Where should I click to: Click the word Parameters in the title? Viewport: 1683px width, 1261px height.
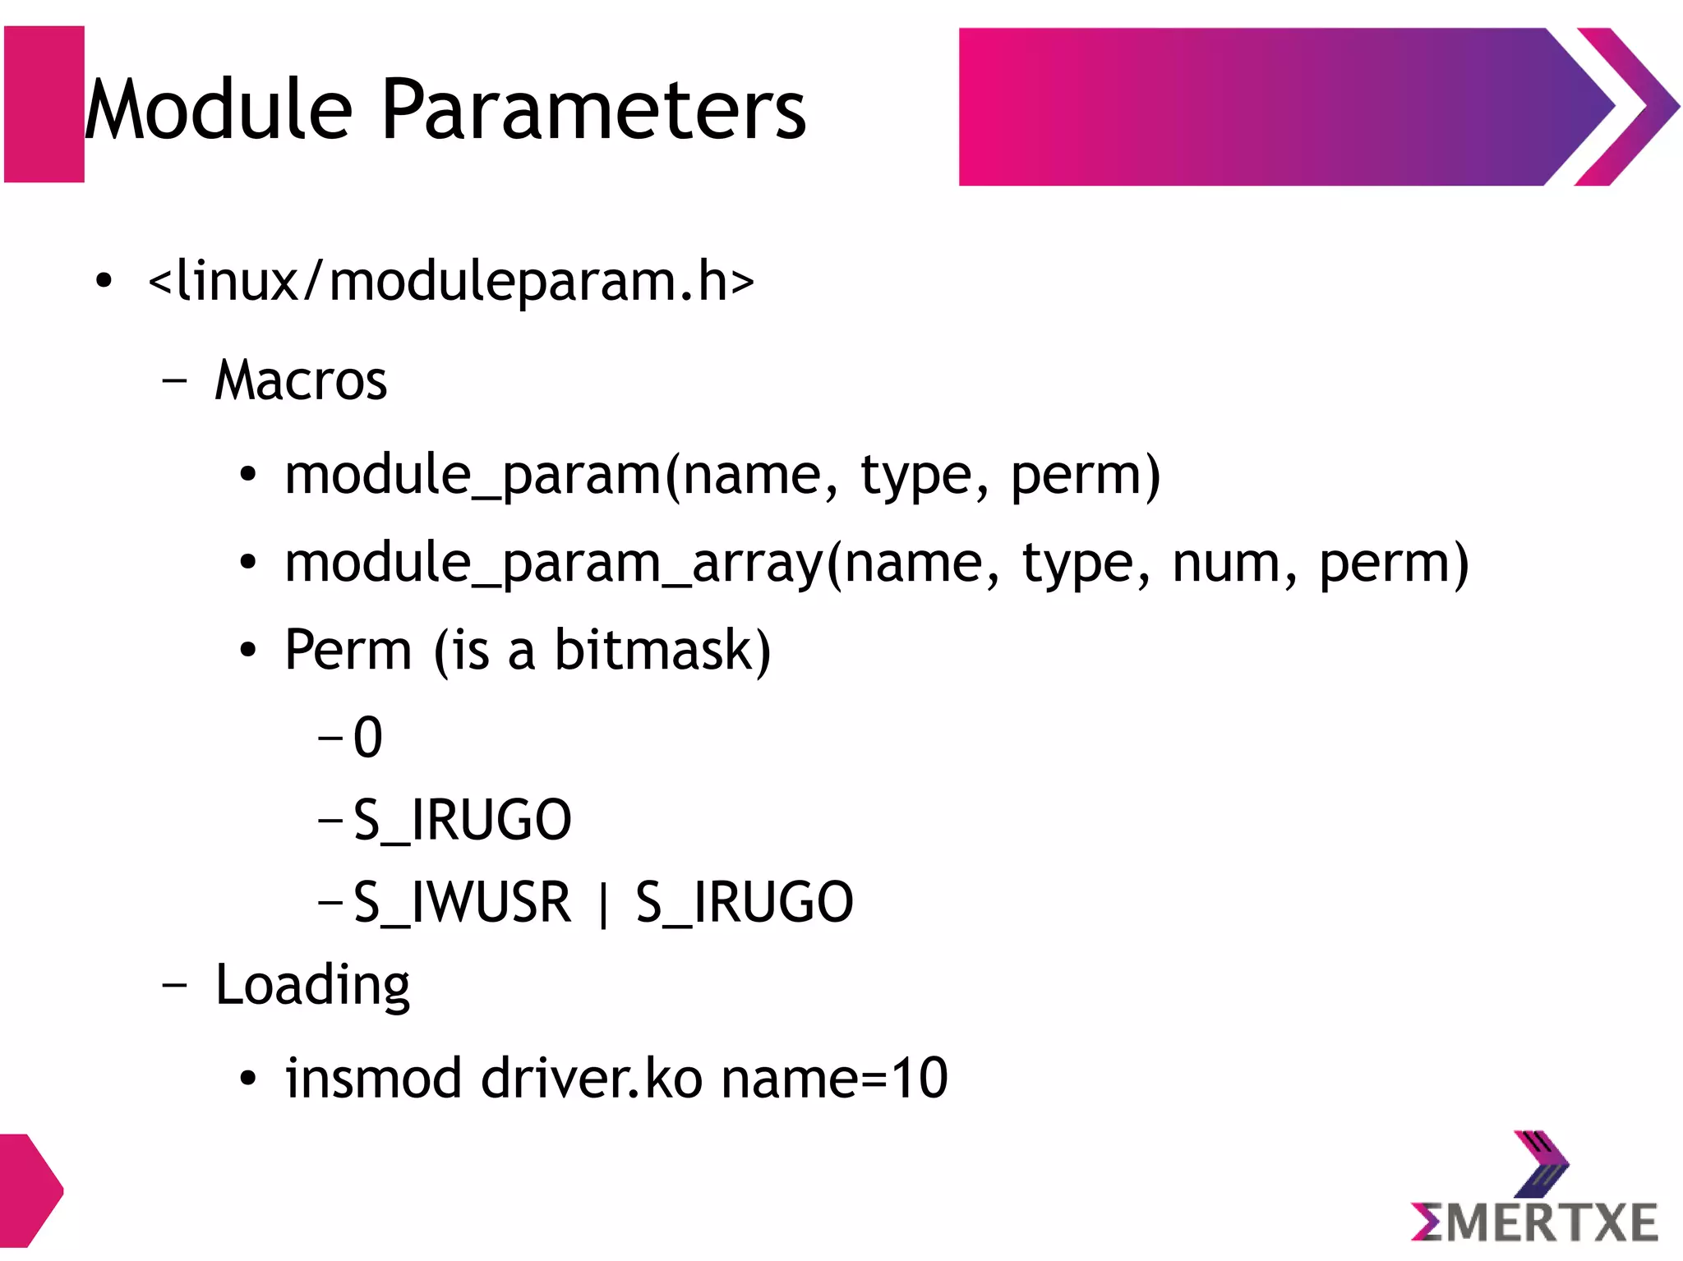[593, 110]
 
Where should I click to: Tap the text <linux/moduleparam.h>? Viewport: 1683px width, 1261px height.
[450, 281]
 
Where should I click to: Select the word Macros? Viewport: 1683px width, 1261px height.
[301, 380]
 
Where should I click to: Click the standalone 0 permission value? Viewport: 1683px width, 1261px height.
[368, 737]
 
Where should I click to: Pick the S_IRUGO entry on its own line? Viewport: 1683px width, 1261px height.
[462, 820]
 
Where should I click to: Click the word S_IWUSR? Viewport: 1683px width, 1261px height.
[462, 902]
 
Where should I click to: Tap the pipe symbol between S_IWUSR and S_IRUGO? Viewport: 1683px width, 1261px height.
[604, 904]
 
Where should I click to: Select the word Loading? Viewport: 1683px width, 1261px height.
[312, 985]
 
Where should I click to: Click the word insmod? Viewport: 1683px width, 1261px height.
[373, 1078]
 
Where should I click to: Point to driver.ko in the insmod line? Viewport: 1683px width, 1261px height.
[592, 1078]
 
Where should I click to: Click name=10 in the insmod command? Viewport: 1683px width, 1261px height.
[835, 1078]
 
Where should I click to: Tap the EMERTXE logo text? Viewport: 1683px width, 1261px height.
[1535, 1222]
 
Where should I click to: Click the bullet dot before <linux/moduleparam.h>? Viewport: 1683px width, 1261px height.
[103, 282]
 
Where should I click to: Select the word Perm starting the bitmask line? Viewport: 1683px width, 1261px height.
[348, 651]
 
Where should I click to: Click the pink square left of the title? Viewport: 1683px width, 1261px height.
[44, 104]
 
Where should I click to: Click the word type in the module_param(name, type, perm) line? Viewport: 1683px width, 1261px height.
[915, 476]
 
